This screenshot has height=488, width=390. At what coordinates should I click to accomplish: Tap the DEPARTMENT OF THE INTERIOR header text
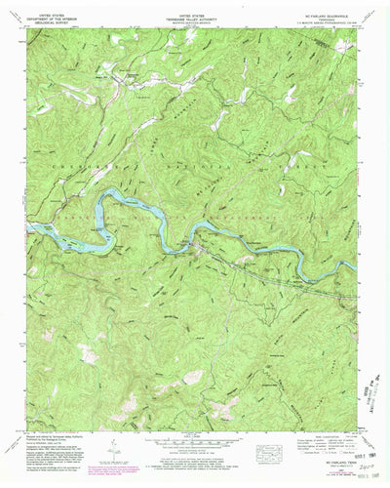[x=59, y=18]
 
